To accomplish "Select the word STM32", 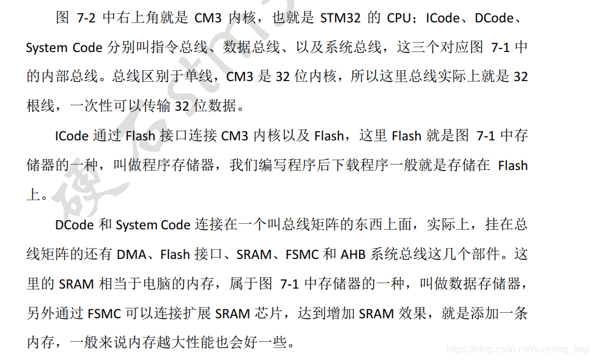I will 340,18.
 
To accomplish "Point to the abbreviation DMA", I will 131,255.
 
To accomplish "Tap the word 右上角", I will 131,18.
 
